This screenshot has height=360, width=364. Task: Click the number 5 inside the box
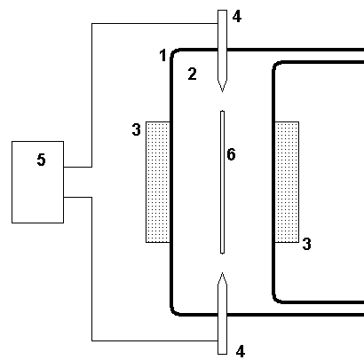42,160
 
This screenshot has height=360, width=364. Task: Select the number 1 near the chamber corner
162,55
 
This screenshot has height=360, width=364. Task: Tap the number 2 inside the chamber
193,74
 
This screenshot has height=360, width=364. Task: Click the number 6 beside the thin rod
231,154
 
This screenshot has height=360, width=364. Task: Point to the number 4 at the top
237,17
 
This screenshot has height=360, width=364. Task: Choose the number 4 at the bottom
241,351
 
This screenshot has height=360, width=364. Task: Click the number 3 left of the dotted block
137,129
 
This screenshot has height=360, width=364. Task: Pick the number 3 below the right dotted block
307,244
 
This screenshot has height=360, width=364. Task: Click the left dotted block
158,182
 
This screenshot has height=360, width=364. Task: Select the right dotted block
287,182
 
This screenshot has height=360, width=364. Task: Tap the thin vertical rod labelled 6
222,182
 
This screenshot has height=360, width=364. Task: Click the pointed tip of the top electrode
222,91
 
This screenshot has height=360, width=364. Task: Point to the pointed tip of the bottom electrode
222,273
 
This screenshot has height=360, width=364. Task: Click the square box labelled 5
37,182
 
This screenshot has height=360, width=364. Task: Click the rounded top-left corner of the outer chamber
174,52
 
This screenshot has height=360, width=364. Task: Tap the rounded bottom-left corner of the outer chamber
174,312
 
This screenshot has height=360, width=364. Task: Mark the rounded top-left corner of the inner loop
275,65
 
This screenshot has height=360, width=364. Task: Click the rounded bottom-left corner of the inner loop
275,300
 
